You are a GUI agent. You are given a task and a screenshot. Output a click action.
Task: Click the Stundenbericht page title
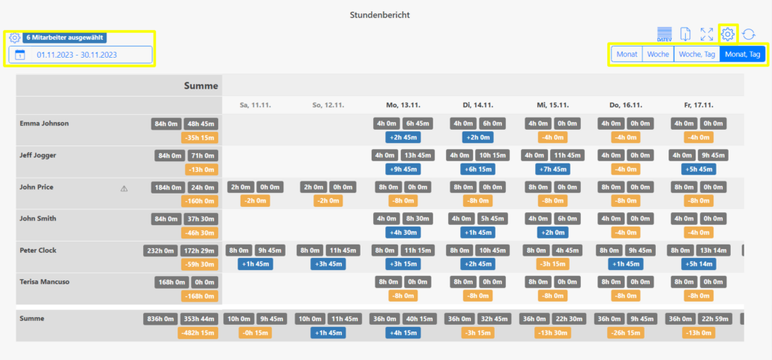tap(380, 15)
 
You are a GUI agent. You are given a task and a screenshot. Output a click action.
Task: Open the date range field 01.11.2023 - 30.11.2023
tap(80, 55)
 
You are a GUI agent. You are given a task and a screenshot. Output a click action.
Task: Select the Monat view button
tap(627, 54)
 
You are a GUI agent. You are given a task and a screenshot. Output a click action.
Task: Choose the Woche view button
tap(657, 54)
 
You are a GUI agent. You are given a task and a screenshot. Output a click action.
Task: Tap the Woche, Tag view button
tap(696, 54)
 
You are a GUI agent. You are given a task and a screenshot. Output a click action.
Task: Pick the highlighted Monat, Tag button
tap(742, 54)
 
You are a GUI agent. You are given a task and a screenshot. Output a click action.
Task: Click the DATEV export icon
tap(664, 34)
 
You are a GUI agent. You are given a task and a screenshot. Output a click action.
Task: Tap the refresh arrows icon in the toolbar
tap(748, 34)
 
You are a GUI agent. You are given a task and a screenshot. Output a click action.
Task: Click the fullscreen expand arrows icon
tap(706, 34)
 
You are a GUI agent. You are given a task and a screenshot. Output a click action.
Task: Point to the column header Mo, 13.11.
tap(403, 105)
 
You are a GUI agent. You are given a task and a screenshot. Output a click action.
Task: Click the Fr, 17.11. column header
tap(699, 105)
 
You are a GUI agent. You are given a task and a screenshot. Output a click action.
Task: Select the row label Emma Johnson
tap(44, 124)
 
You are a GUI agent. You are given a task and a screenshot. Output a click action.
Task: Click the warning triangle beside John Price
tap(124, 188)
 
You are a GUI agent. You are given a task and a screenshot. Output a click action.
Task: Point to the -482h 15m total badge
tap(199, 333)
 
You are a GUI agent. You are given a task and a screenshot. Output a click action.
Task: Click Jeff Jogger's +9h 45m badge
tap(403, 169)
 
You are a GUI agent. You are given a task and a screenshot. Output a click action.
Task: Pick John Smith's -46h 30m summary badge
tap(199, 232)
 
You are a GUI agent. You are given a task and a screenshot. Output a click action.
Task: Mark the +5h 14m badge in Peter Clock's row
tap(699, 264)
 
